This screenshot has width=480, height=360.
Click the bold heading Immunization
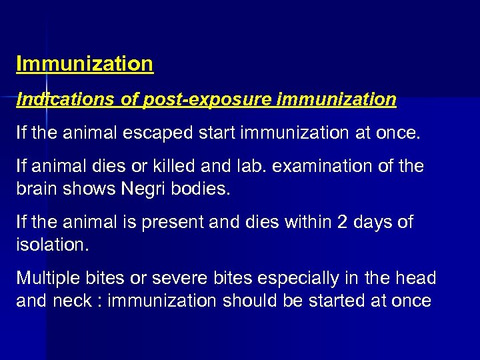pos(85,64)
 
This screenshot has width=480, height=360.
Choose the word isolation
pos(51,245)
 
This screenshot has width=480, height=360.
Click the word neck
pos(73,301)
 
